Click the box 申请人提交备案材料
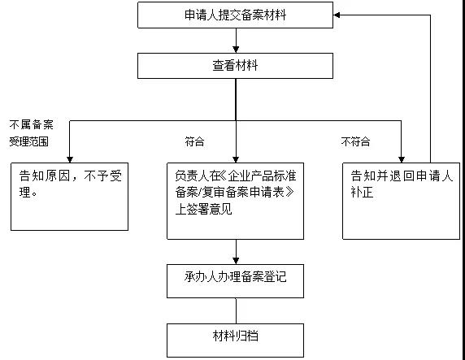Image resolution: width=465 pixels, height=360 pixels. [x=235, y=15]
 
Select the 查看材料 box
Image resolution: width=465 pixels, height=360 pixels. [x=235, y=66]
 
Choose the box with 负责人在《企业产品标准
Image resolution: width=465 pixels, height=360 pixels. [x=235, y=200]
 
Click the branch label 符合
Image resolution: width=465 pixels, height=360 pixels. [x=194, y=141]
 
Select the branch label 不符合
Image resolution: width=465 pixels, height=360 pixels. [x=355, y=141]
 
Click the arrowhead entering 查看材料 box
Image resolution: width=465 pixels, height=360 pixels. [x=235, y=50]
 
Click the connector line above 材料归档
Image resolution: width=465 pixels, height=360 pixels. [x=236, y=310]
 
